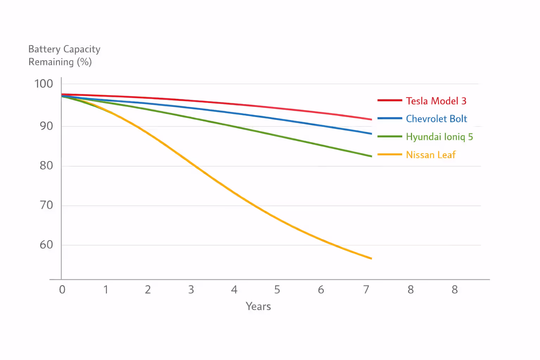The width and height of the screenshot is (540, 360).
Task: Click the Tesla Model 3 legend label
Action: coord(436,101)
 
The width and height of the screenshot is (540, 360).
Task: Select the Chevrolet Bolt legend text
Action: coord(436,119)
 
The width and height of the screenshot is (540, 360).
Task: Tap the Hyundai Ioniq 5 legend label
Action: coord(439,137)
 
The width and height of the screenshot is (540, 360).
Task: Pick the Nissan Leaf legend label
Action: coord(431,155)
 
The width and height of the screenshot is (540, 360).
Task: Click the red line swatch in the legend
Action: coord(390,101)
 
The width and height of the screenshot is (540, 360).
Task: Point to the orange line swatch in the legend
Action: coord(390,154)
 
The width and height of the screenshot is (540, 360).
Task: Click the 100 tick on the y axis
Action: coord(44,84)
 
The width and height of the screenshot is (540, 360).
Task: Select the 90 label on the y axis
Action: coord(46,126)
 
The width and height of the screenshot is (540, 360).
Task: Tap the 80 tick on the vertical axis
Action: coord(46,166)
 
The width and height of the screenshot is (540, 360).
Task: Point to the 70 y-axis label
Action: coord(46,205)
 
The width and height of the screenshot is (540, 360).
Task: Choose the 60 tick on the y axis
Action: coord(46,245)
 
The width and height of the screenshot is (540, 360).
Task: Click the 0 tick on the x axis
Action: coord(62,290)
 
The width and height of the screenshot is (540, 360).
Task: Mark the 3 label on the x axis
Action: coord(191,290)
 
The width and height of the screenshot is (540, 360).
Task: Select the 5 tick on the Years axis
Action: coord(277,290)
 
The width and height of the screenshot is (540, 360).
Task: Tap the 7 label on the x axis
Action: coord(366,290)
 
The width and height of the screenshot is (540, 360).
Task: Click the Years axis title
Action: coord(258,307)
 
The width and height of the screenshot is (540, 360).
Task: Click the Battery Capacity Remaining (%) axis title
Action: coord(64,56)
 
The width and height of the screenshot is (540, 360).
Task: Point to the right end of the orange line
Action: coord(371,258)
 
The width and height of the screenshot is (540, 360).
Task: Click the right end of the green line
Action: coord(371,156)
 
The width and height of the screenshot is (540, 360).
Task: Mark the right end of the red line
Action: coord(371,120)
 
